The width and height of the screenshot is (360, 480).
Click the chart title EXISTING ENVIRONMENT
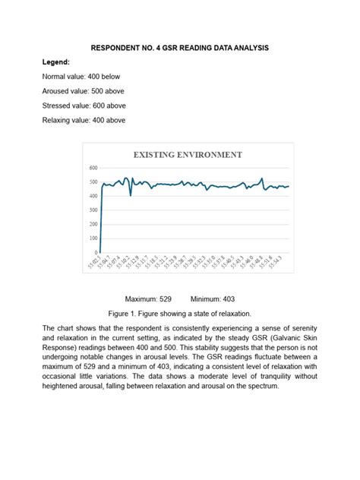click(x=188, y=154)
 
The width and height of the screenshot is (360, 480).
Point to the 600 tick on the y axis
click(x=93, y=168)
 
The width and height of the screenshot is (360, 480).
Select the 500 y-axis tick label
click(x=93, y=182)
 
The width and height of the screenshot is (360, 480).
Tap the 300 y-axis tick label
click(x=93, y=210)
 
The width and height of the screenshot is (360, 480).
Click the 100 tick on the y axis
click(x=93, y=238)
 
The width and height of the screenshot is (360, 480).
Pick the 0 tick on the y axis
click(x=96, y=252)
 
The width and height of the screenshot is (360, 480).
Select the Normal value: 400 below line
click(x=81, y=77)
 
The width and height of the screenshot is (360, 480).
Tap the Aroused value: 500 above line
click(x=84, y=91)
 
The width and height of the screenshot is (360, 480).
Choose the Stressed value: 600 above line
click(x=84, y=106)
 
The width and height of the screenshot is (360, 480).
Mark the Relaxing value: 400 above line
click(x=84, y=120)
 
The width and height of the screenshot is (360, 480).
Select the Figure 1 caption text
click(x=179, y=313)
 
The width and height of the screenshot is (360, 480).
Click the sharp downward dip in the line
click(x=131, y=194)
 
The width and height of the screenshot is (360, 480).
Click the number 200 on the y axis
click(x=93, y=224)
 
